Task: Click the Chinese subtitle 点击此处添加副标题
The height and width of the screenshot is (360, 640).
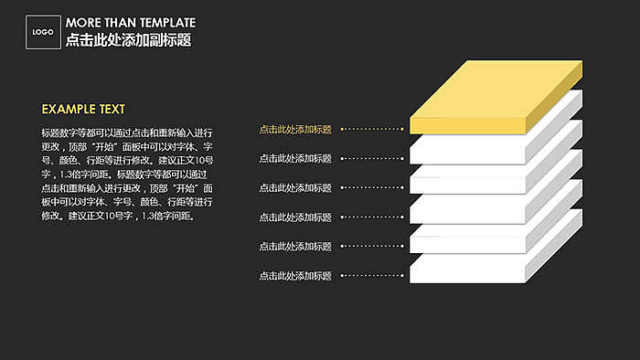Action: (x=128, y=41)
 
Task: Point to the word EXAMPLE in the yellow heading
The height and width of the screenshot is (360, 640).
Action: (x=69, y=109)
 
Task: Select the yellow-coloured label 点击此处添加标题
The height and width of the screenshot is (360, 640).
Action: (x=295, y=130)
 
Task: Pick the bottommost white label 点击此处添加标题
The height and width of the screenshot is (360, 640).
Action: (x=295, y=276)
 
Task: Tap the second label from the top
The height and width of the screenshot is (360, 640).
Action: (x=295, y=159)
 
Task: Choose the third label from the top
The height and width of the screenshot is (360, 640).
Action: (x=295, y=188)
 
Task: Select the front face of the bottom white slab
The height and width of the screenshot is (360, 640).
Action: (x=467, y=270)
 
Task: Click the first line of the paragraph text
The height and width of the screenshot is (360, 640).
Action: (x=126, y=133)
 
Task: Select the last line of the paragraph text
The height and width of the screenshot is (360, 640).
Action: (x=117, y=217)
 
